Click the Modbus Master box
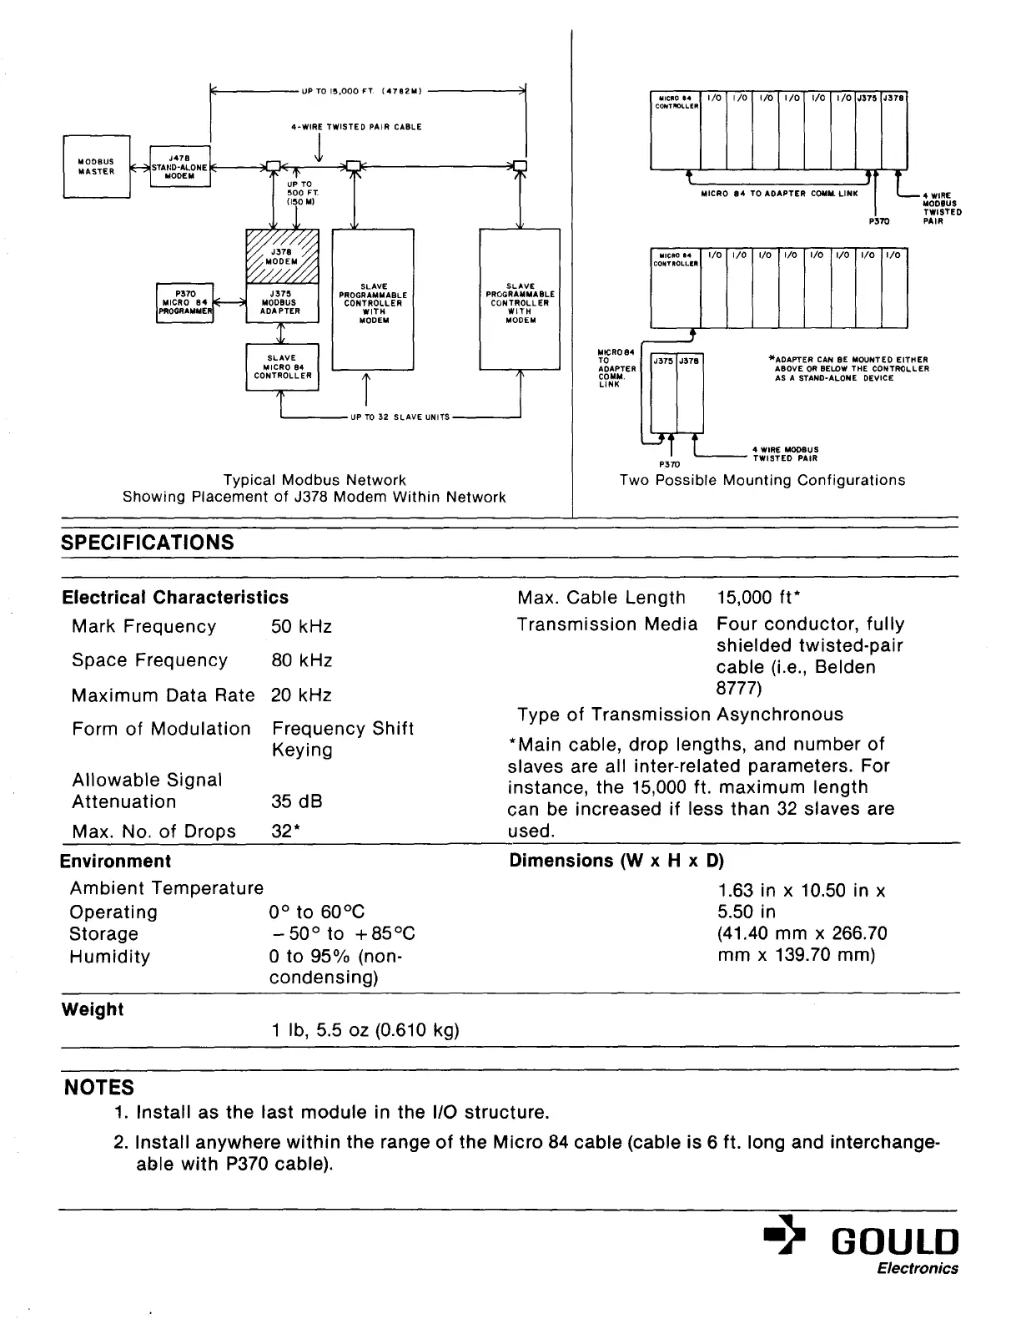point(97,167)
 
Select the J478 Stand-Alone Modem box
point(180,166)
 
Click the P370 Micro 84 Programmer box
point(185,302)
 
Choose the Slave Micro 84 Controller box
point(282,367)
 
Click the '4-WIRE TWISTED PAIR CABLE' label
point(356,127)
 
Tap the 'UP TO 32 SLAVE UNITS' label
point(400,417)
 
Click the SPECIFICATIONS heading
point(148,543)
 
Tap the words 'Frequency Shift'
point(343,729)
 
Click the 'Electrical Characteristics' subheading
point(175,598)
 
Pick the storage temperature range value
point(342,934)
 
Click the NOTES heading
point(98,1088)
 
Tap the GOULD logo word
point(893,1242)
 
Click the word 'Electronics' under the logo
point(918,1269)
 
